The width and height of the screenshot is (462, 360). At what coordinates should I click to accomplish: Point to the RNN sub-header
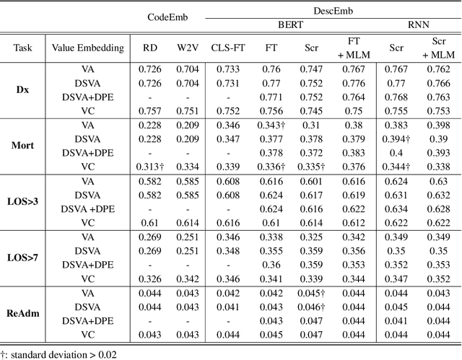click(x=417, y=24)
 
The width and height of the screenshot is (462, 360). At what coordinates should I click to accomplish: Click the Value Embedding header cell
click(x=87, y=49)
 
